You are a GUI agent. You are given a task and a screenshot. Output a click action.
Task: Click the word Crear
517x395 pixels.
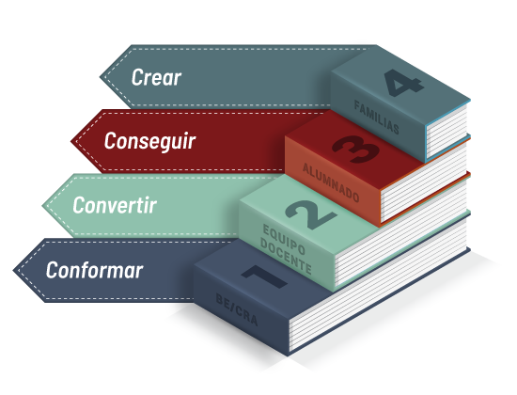tap(156, 77)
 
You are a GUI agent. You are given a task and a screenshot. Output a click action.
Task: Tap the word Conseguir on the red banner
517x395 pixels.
tap(149, 141)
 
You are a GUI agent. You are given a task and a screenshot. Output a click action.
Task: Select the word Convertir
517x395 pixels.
tap(115, 205)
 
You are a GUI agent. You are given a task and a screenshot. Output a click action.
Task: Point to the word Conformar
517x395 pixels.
tap(94, 270)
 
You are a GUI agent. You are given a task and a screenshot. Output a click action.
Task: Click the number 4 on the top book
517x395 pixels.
tap(403, 83)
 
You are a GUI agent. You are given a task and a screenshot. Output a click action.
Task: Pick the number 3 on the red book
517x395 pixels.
tap(355, 149)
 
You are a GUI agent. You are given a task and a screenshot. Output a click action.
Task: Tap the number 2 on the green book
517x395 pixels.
tap(310, 214)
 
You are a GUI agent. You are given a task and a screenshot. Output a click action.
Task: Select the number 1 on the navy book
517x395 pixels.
tap(264, 276)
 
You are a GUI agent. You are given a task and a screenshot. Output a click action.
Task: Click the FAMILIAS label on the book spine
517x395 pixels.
tap(377, 118)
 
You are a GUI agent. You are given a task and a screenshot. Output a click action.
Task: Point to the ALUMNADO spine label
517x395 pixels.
tap(331, 182)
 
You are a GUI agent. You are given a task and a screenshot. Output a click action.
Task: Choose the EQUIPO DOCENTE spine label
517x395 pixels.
tap(286, 249)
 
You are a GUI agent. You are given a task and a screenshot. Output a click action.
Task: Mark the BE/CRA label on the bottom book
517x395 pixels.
tap(236, 309)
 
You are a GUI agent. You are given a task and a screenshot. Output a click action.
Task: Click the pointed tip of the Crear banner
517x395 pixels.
tap(100, 77)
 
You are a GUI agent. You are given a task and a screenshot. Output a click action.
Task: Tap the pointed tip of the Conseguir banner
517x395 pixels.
tap(70, 141)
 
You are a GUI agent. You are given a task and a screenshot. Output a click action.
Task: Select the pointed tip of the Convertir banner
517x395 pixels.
tap(42, 206)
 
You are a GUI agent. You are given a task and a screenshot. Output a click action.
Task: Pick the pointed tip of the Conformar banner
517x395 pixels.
tap(13, 270)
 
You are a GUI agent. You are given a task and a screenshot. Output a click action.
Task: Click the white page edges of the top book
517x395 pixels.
tap(446, 132)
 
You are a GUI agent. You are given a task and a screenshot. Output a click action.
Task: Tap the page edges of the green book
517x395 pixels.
tap(401, 232)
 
